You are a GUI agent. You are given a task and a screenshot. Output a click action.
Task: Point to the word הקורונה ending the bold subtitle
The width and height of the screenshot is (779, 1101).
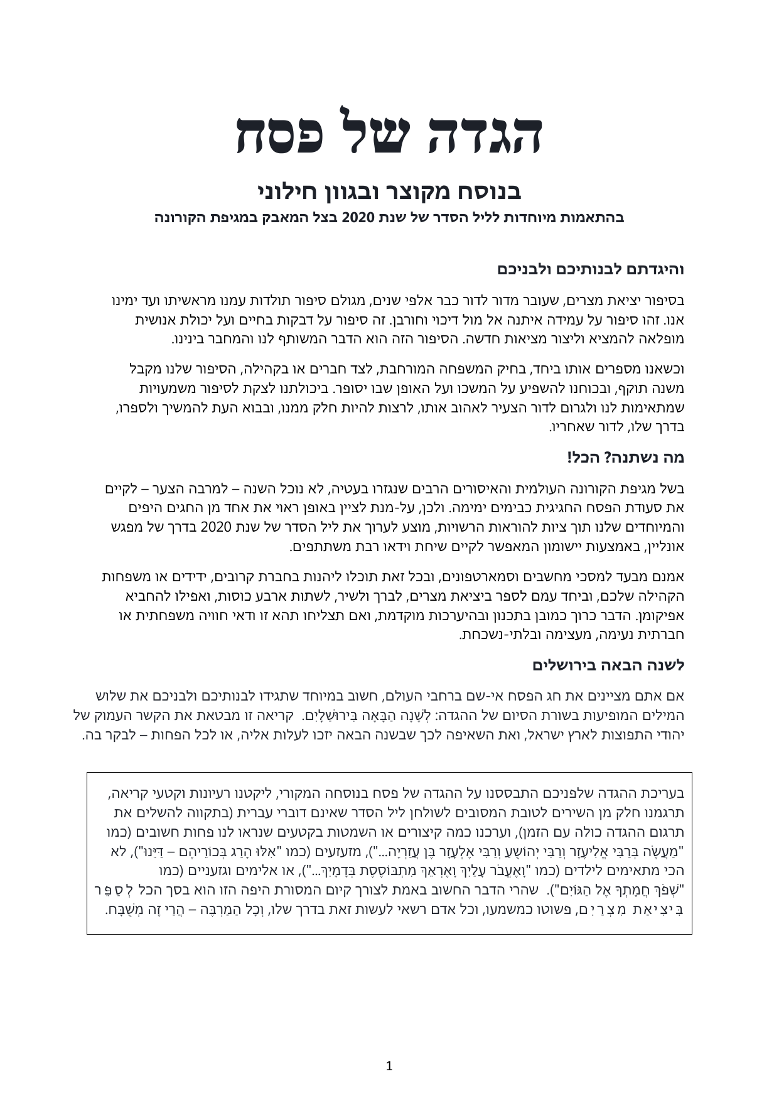[x=183, y=218]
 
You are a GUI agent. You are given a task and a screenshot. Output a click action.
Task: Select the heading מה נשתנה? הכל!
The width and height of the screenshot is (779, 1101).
[x=625, y=458]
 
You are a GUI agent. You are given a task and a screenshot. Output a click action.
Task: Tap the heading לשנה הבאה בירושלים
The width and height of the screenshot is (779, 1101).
[x=608, y=665]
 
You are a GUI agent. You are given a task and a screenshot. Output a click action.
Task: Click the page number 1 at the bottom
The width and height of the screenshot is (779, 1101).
[x=389, y=1066]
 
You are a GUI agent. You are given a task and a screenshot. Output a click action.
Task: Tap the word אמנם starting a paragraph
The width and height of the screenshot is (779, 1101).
[x=669, y=576]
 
